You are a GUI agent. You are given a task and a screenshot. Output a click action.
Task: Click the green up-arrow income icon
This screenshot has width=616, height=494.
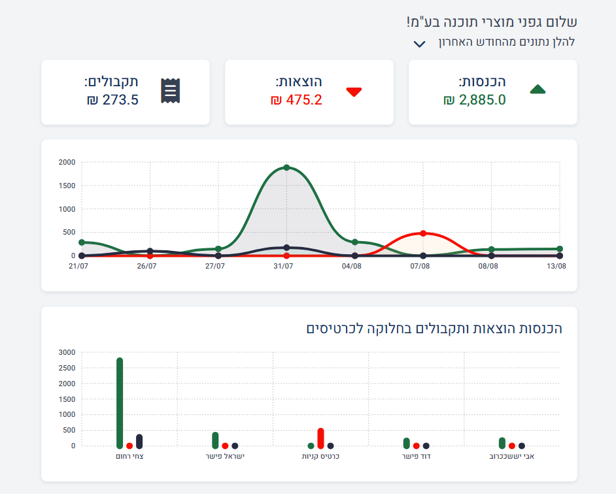[537, 90]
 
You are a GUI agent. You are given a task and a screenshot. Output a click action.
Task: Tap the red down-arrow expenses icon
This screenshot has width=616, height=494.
[354, 91]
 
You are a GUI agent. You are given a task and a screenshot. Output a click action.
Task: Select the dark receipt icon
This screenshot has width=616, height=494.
[170, 91]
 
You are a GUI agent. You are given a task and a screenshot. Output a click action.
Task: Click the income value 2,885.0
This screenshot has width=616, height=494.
[474, 100]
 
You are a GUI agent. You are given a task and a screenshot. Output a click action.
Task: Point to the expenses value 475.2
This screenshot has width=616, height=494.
[296, 100]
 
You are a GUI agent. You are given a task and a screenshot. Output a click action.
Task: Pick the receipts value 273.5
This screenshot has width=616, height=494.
[112, 100]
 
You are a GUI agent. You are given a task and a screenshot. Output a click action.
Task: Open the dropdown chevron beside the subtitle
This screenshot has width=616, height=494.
[420, 44]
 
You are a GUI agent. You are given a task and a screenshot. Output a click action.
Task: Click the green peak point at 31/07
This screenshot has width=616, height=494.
[286, 168]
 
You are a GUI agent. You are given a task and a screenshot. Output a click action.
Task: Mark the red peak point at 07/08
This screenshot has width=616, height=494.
[423, 233]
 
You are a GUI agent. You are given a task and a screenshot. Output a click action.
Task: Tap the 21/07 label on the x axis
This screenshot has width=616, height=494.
[78, 266]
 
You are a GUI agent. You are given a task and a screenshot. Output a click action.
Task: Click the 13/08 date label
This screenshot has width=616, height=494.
[556, 266]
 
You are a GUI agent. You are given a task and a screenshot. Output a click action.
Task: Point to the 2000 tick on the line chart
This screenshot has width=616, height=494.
[67, 162]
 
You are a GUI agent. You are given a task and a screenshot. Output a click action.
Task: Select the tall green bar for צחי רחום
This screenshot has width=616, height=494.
[120, 403]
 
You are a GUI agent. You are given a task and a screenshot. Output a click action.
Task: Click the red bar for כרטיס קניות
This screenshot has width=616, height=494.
[320, 438]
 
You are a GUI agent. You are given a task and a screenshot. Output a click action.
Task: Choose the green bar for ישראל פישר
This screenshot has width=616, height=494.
[215, 440]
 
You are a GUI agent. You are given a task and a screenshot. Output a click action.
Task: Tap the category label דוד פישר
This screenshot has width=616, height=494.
[415, 457]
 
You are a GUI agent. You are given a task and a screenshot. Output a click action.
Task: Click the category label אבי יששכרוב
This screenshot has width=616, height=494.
[512, 457]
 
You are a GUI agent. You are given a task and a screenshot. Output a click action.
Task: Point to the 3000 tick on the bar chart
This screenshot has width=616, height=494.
[67, 352]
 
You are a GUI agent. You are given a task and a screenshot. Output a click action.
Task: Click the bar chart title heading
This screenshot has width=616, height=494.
[434, 328]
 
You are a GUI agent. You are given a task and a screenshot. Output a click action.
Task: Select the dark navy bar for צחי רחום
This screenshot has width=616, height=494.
[139, 441]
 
